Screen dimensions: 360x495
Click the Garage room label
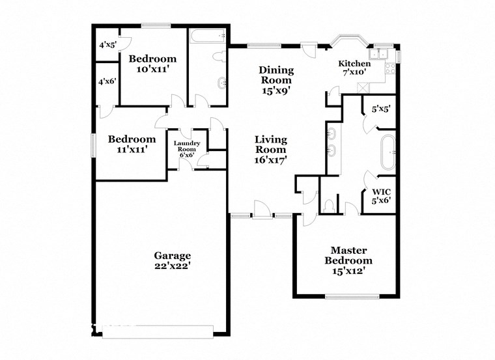[x=172, y=255]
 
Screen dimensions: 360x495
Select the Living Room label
[x=270, y=148]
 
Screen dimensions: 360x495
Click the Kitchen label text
[x=354, y=63]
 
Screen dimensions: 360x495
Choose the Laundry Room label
[x=186, y=149]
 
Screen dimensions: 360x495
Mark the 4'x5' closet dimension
[x=106, y=46]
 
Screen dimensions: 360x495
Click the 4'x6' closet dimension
[x=106, y=82]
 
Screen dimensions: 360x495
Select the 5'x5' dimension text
[x=380, y=109]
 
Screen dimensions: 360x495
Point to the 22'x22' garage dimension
[x=172, y=266]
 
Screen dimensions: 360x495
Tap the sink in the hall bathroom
[x=223, y=81]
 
